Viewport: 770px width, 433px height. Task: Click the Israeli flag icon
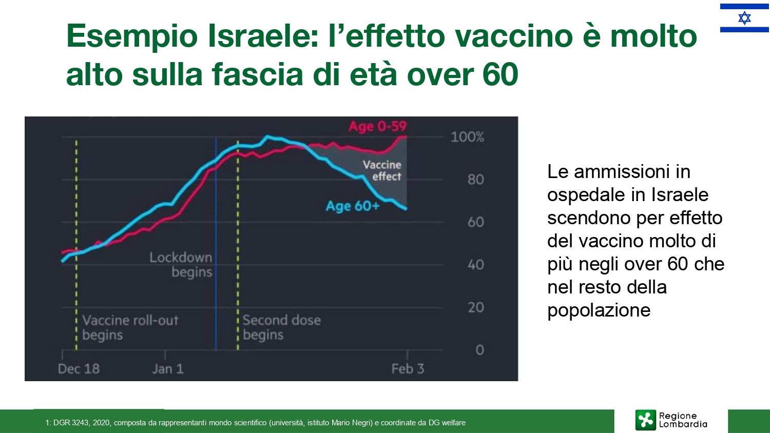click(x=744, y=18)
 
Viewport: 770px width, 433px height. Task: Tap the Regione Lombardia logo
click(x=671, y=420)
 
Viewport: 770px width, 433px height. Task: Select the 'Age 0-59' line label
click(x=377, y=127)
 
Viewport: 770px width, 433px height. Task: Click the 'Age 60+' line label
click(x=353, y=206)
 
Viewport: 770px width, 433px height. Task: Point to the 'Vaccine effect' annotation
click(x=382, y=170)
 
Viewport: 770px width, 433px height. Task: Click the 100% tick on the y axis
click(x=467, y=137)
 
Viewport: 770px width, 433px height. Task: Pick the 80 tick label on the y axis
click(x=476, y=180)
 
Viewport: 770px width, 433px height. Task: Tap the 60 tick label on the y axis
click(x=476, y=222)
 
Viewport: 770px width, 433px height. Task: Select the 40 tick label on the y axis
click(x=476, y=265)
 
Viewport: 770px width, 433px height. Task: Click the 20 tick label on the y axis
click(x=476, y=307)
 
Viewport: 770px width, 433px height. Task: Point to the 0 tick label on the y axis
click(x=480, y=350)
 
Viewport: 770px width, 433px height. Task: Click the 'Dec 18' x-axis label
click(x=79, y=369)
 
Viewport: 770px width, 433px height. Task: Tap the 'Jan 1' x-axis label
click(x=168, y=369)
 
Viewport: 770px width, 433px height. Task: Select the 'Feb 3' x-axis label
click(x=408, y=369)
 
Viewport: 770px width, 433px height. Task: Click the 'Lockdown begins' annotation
click(x=181, y=265)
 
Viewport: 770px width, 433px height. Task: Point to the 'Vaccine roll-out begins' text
click(x=130, y=327)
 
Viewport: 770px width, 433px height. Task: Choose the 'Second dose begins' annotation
click(x=282, y=327)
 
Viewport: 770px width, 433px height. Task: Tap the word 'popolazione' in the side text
click(x=599, y=310)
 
